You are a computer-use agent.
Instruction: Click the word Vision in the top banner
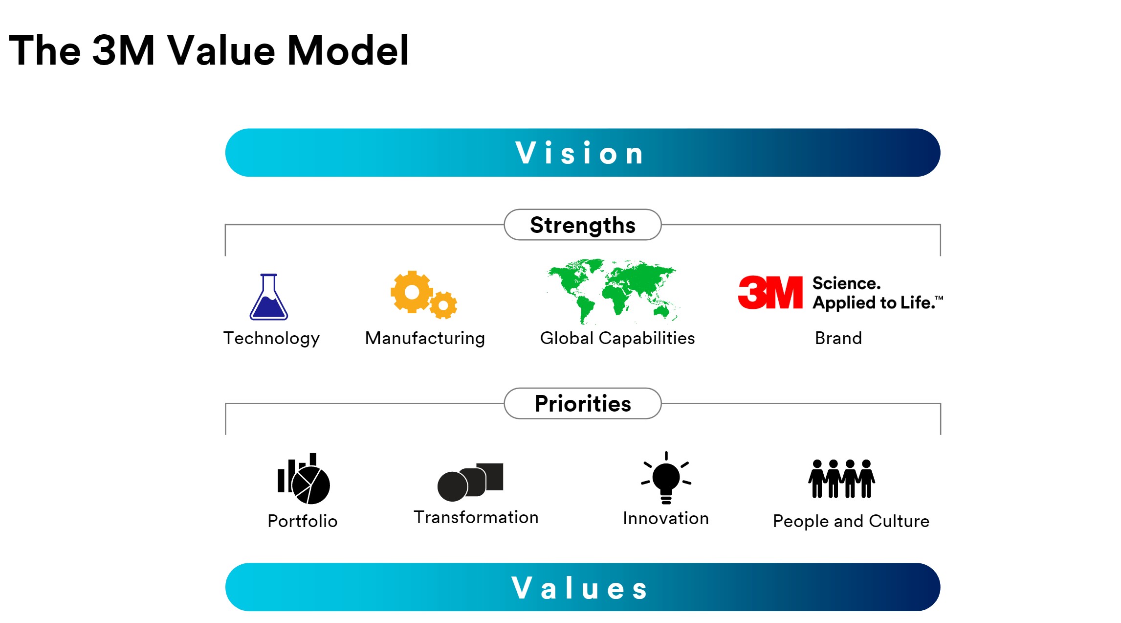[580, 153]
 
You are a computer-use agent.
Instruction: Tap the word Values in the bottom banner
[580, 588]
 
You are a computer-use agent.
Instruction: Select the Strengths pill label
[582, 225]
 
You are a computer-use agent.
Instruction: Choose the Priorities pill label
[582, 404]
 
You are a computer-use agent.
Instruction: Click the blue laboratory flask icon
[268, 299]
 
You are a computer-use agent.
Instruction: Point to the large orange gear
[411, 292]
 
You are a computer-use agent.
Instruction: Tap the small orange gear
[443, 305]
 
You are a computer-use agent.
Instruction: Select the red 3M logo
[770, 293]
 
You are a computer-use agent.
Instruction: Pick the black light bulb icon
[666, 478]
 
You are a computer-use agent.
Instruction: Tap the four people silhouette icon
[841, 479]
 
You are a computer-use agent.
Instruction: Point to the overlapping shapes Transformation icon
[470, 482]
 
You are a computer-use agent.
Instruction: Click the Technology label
[271, 338]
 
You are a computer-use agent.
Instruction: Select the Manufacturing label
[425, 338]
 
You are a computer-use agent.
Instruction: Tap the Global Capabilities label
[617, 338]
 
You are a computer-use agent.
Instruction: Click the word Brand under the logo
[838, 338]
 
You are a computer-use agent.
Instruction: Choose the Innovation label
[665, 518]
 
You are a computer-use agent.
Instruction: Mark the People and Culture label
[851, 521]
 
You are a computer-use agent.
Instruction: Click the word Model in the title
[348, 51]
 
